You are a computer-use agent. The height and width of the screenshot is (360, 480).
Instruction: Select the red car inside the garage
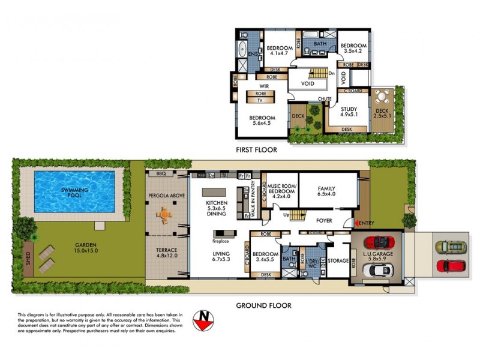(380, 242)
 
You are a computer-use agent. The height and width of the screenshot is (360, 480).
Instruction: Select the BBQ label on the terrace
(160, 174)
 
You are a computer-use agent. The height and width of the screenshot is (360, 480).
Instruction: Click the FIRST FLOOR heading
(256, 150)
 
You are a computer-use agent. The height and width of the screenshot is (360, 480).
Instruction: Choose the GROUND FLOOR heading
(263, 305)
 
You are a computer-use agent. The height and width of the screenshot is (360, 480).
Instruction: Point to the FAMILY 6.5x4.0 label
(326, 191)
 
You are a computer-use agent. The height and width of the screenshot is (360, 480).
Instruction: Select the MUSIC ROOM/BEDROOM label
(282, 191)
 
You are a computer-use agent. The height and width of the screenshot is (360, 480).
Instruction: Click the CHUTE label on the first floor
(325, 98)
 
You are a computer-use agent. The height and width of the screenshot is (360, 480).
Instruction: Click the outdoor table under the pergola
(165, 214)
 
